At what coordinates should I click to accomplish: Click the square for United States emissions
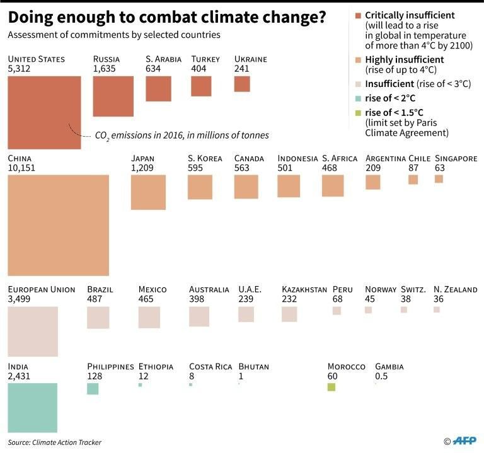pos(44,112)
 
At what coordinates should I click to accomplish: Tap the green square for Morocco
pos(331,387)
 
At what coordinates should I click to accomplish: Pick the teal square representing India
pos(33,408)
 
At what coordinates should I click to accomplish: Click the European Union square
pos(33,331)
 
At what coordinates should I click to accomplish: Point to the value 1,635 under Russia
pos(105,69)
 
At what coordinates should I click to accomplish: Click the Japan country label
pos(142,159)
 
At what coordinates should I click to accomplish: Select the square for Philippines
pos(93,389)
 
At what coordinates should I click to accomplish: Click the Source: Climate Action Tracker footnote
pos(55,442)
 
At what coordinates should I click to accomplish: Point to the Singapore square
pos(439,179)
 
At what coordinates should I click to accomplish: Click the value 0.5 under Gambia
pos(382,376)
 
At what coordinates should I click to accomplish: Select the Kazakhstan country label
pos(304,290)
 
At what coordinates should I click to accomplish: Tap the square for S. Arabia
pos(158,88)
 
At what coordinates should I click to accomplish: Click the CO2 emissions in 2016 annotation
pos(181,135)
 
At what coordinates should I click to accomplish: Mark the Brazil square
pos(98,318)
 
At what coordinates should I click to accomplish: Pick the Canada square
pos(246,187)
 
